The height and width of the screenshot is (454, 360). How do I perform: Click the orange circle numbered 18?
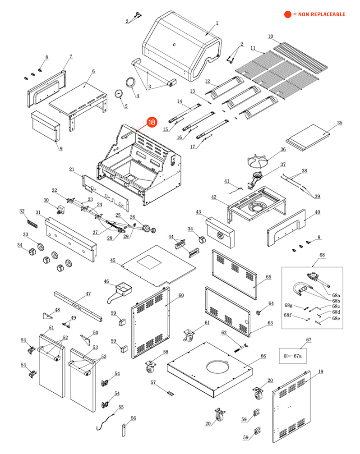(x=152, y=122)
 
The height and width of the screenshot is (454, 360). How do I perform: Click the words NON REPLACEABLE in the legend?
(x=321, y=14)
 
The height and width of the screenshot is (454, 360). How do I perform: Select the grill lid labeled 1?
(x=183, y=47)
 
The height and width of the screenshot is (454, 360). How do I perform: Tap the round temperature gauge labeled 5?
(x=119, y=94)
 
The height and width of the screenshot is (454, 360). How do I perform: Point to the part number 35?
(x=340, y=123)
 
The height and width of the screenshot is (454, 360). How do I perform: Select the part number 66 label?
(x=263, y=356)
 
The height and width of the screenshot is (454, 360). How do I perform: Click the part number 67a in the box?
(x=297, y=356)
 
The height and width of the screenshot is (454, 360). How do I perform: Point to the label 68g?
(x=288, y=305)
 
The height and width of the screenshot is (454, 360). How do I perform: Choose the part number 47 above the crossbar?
(x=88, y=293)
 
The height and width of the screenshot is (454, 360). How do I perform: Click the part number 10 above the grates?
(x=271, y=36)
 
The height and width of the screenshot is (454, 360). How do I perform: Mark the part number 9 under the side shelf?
(x=61, y=148)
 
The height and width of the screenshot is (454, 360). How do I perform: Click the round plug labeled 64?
(x=259, y=312)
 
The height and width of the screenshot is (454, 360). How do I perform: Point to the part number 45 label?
(x=113, y=260)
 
